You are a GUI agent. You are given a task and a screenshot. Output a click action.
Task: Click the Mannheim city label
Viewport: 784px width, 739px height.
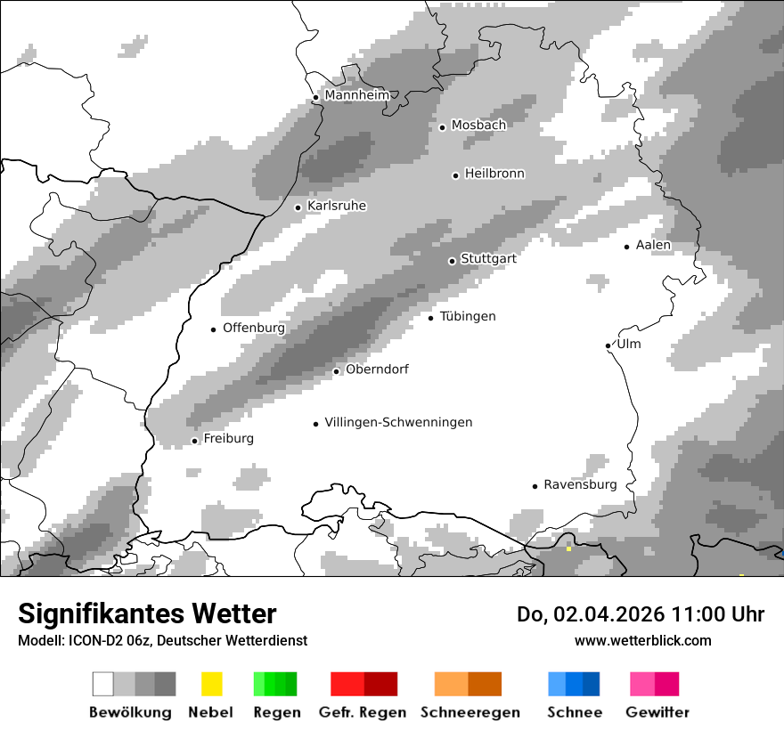click(357, 95)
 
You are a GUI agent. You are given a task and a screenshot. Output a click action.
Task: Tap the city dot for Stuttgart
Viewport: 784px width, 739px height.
click(452, 261)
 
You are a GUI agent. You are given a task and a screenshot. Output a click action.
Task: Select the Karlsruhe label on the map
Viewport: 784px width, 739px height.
click(337, 206)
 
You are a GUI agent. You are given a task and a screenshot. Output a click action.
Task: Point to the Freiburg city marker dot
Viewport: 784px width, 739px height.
click(194, 441)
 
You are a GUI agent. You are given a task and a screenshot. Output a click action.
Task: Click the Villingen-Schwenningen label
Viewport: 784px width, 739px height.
click(398, 422)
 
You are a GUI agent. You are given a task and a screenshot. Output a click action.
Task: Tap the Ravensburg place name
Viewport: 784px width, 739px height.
click(580, 484)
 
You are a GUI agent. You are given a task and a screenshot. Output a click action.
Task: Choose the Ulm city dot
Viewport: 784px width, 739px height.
click(608, 345)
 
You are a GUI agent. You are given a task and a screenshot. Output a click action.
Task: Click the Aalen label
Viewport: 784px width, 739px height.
click(653, 245)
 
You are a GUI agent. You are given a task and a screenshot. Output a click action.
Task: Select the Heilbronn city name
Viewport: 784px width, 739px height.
click(494, 174)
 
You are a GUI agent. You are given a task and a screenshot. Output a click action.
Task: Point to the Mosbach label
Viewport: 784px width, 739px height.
click(478, 126)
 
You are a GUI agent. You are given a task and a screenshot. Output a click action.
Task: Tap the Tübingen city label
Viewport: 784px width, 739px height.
click(468, 316)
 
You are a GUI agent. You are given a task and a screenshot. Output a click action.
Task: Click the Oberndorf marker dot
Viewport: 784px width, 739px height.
click(336, 371)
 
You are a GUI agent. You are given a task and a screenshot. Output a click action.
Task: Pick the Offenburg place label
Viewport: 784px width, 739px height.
click(254, 328)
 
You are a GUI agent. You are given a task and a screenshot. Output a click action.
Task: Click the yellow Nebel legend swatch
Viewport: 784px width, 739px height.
click(212, 684)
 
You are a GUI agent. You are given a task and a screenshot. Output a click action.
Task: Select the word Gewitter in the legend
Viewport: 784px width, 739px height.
click(657, 712)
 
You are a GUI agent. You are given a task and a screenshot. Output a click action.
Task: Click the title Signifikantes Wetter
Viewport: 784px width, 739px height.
click(147, 613)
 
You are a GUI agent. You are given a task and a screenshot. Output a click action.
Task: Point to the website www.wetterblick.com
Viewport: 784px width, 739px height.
click(642, 640)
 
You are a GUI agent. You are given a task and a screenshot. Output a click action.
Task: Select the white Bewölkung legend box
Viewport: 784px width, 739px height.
click(102, 684)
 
